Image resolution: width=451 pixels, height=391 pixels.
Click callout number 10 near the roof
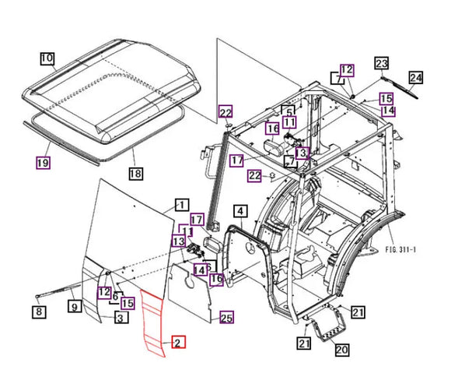click(47, 58)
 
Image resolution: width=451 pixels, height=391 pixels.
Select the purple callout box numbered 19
click(44, 163)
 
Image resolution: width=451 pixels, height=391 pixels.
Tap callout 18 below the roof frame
click(136, 173)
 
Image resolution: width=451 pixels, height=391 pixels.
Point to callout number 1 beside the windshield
click(180, 205)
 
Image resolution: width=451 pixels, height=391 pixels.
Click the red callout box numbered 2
click(177, 343)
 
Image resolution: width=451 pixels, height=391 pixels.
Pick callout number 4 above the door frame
click(240, 211)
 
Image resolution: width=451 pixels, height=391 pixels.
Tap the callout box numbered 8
click(38, 313)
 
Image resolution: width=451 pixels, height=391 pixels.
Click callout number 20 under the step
click(341, 350)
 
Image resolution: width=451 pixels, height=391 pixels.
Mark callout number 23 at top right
click(382, 62)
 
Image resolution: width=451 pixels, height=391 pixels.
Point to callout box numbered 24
click(415, 77)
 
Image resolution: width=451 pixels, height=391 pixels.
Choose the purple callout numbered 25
click(226, 317)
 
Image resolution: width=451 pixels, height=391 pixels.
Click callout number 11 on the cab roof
click(289, 122)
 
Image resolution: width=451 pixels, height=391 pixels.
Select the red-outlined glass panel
click(153, 323)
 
